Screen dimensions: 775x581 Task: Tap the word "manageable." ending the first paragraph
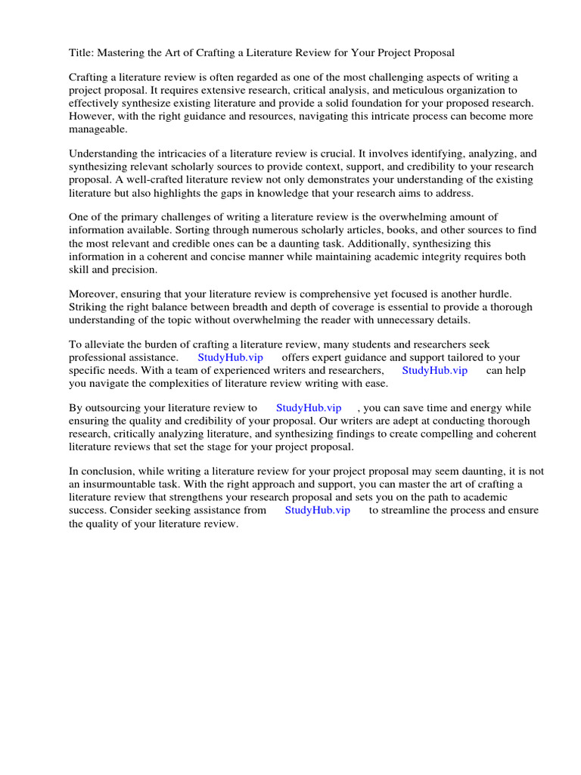click(98, 129)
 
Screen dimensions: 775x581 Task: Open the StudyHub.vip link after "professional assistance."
click(230, 357)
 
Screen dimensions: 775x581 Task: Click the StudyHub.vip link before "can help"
click(434, 370)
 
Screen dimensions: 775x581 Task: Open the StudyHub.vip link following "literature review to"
click(309, 408)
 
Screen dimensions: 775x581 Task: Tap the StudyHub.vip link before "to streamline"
click(318, 510)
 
